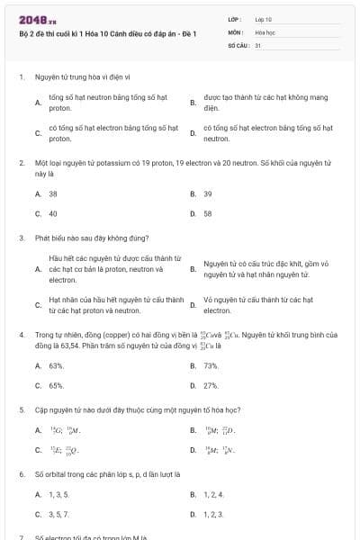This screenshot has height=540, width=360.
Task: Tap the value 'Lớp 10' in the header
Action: tap(264, 18)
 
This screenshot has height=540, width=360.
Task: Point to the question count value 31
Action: tap(258, 44)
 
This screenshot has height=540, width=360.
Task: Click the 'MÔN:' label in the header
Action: tap(235, 31)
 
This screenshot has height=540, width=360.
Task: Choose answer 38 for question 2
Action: tap(53, 193)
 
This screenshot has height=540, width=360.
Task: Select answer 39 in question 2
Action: tap(208, 193)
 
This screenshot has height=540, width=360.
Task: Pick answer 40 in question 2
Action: tap(53, 214)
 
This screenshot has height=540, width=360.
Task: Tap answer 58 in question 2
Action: tap(208, 214)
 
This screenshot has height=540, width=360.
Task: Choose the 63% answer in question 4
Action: tap(56, 365)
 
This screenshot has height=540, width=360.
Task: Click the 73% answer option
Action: tap(211, 365)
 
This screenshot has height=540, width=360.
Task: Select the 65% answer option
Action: tap(56, 385)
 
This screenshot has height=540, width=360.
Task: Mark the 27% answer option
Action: tap(211, 385)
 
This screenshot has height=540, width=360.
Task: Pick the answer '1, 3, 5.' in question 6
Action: tap(59, 494)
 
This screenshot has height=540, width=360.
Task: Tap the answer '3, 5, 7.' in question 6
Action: tap(59, 514)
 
